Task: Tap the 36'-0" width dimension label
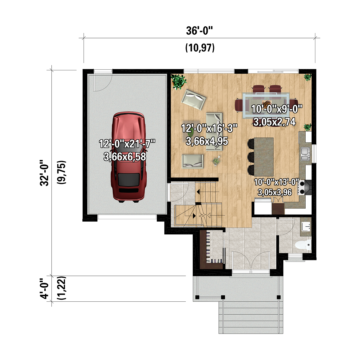click(x=199, y=31)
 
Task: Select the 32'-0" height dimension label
click(x=44, y=173)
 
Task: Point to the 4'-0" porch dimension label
click(x=44, y=289)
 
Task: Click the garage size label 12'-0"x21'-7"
click(x=127, y=144)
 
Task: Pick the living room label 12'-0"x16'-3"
click(x=209, y=128)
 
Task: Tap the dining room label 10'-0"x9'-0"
click(x=277, y=109)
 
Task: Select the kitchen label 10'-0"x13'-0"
click(x=277, y=182)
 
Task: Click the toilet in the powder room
click(x=303, y=245)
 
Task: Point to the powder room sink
click(x=306, y=226)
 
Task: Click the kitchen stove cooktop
click(x=301, y=187)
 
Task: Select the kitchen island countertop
click(x=264, y=157)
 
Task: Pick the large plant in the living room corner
click(x=179, y=82)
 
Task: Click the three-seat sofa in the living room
click(x=214, y=132)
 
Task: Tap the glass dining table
click(x=266, y=105)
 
